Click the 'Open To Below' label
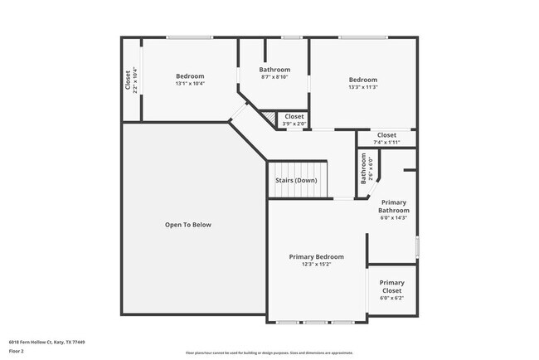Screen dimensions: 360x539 point(188,225)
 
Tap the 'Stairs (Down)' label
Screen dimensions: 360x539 point(296,180)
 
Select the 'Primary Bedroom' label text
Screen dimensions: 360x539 point(316,257)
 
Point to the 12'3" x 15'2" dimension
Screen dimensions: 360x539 point(316,265)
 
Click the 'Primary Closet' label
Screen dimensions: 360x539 point(392,287)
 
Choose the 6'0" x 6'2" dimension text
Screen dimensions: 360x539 point(392,298)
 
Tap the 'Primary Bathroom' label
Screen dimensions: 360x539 point(394,207)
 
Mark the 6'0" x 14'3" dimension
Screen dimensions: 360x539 point(394,218)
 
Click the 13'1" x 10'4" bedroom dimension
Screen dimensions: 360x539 point(190,84)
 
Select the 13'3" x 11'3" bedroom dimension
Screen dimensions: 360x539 point(363,87)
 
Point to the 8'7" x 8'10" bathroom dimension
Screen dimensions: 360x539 point(274,77)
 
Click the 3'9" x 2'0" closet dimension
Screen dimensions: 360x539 point(294,124)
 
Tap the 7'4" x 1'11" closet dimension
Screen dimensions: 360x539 point(386,142)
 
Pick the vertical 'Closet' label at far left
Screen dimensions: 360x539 point(128,80)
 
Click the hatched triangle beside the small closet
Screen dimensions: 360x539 point(269,119)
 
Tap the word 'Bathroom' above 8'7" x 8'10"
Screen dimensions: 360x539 point(274,70)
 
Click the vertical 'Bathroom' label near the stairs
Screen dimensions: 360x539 point(363,169)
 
